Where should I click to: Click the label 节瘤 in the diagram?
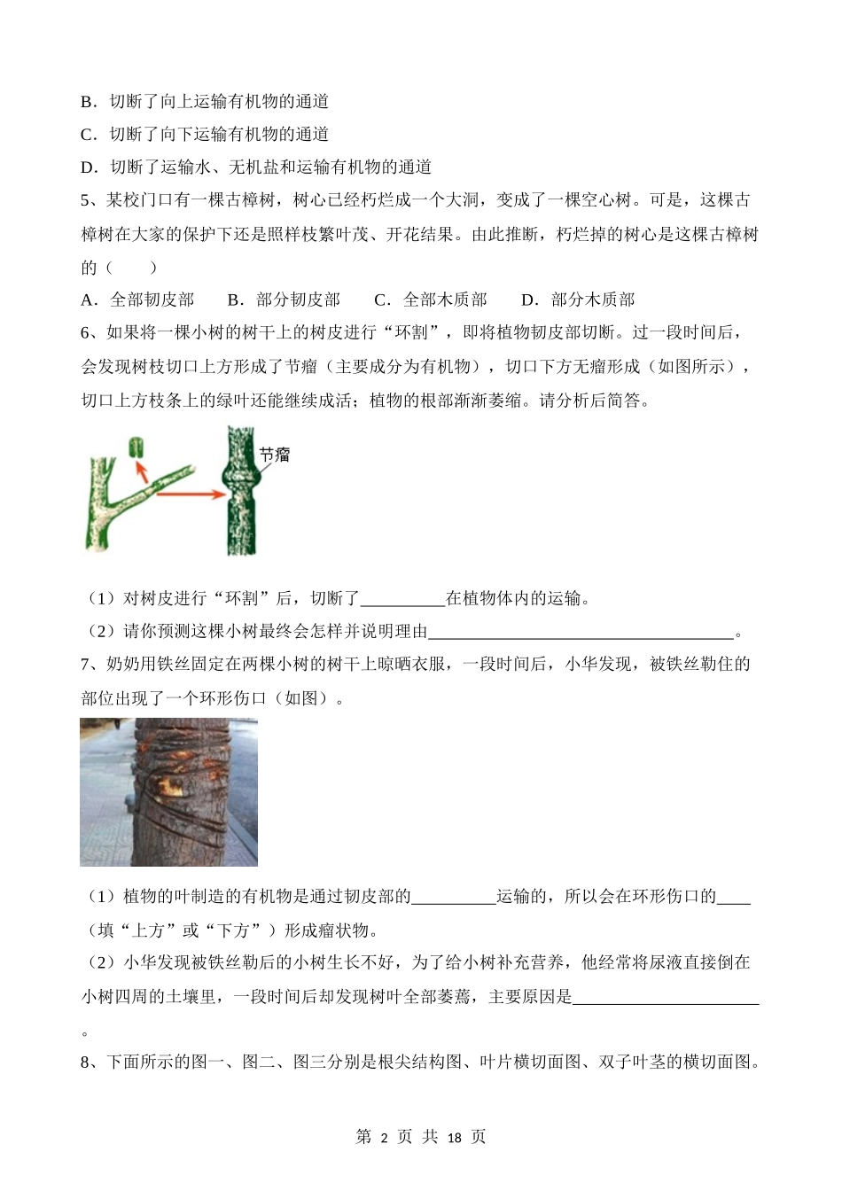tap(275, 455)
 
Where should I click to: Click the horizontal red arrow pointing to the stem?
tap(191, 494)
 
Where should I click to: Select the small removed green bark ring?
tap(135, 447)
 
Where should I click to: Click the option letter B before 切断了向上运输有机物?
tap(87, 102)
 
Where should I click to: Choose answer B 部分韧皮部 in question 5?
tap(284, 300)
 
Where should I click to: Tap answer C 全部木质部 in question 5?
tap(431, 300)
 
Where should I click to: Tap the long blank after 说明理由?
tap(582, 632)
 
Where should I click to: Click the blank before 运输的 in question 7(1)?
tap(454, 897)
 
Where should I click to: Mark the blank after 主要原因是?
tap(667, 997)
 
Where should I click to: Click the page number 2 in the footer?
tap(385, 1138)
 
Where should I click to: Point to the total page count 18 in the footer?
tap(453, 1138)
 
